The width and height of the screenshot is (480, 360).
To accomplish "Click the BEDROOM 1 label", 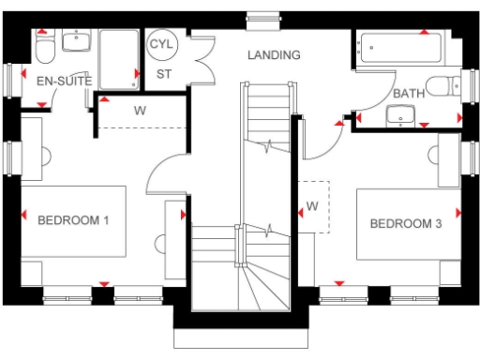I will [74, 221].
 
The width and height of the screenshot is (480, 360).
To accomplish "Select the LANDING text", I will [274, 55].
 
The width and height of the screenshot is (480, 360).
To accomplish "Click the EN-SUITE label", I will [64, 82].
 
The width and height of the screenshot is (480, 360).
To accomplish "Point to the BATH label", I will [408, 94].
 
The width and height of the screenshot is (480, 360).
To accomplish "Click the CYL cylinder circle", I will [164, 44].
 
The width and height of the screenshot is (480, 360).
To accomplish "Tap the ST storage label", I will [164, 73].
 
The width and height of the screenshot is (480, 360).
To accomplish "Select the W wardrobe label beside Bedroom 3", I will [312, 205].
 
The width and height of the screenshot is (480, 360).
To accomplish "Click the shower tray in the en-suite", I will [118, 58].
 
